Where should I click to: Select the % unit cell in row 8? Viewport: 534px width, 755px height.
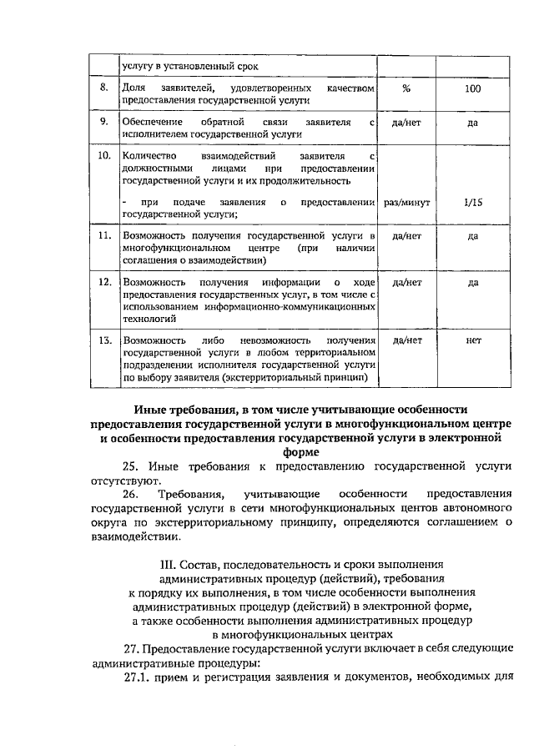[406, 88]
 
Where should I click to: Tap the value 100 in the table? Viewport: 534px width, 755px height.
[472, 88]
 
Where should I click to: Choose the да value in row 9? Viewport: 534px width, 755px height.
[472, 122]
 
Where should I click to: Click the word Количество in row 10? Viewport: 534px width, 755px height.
[148, 156]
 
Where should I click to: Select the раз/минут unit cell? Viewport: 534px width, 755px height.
[406, 203]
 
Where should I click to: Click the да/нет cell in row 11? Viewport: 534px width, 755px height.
[406, 237]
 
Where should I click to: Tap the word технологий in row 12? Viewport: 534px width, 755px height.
[148, 319]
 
